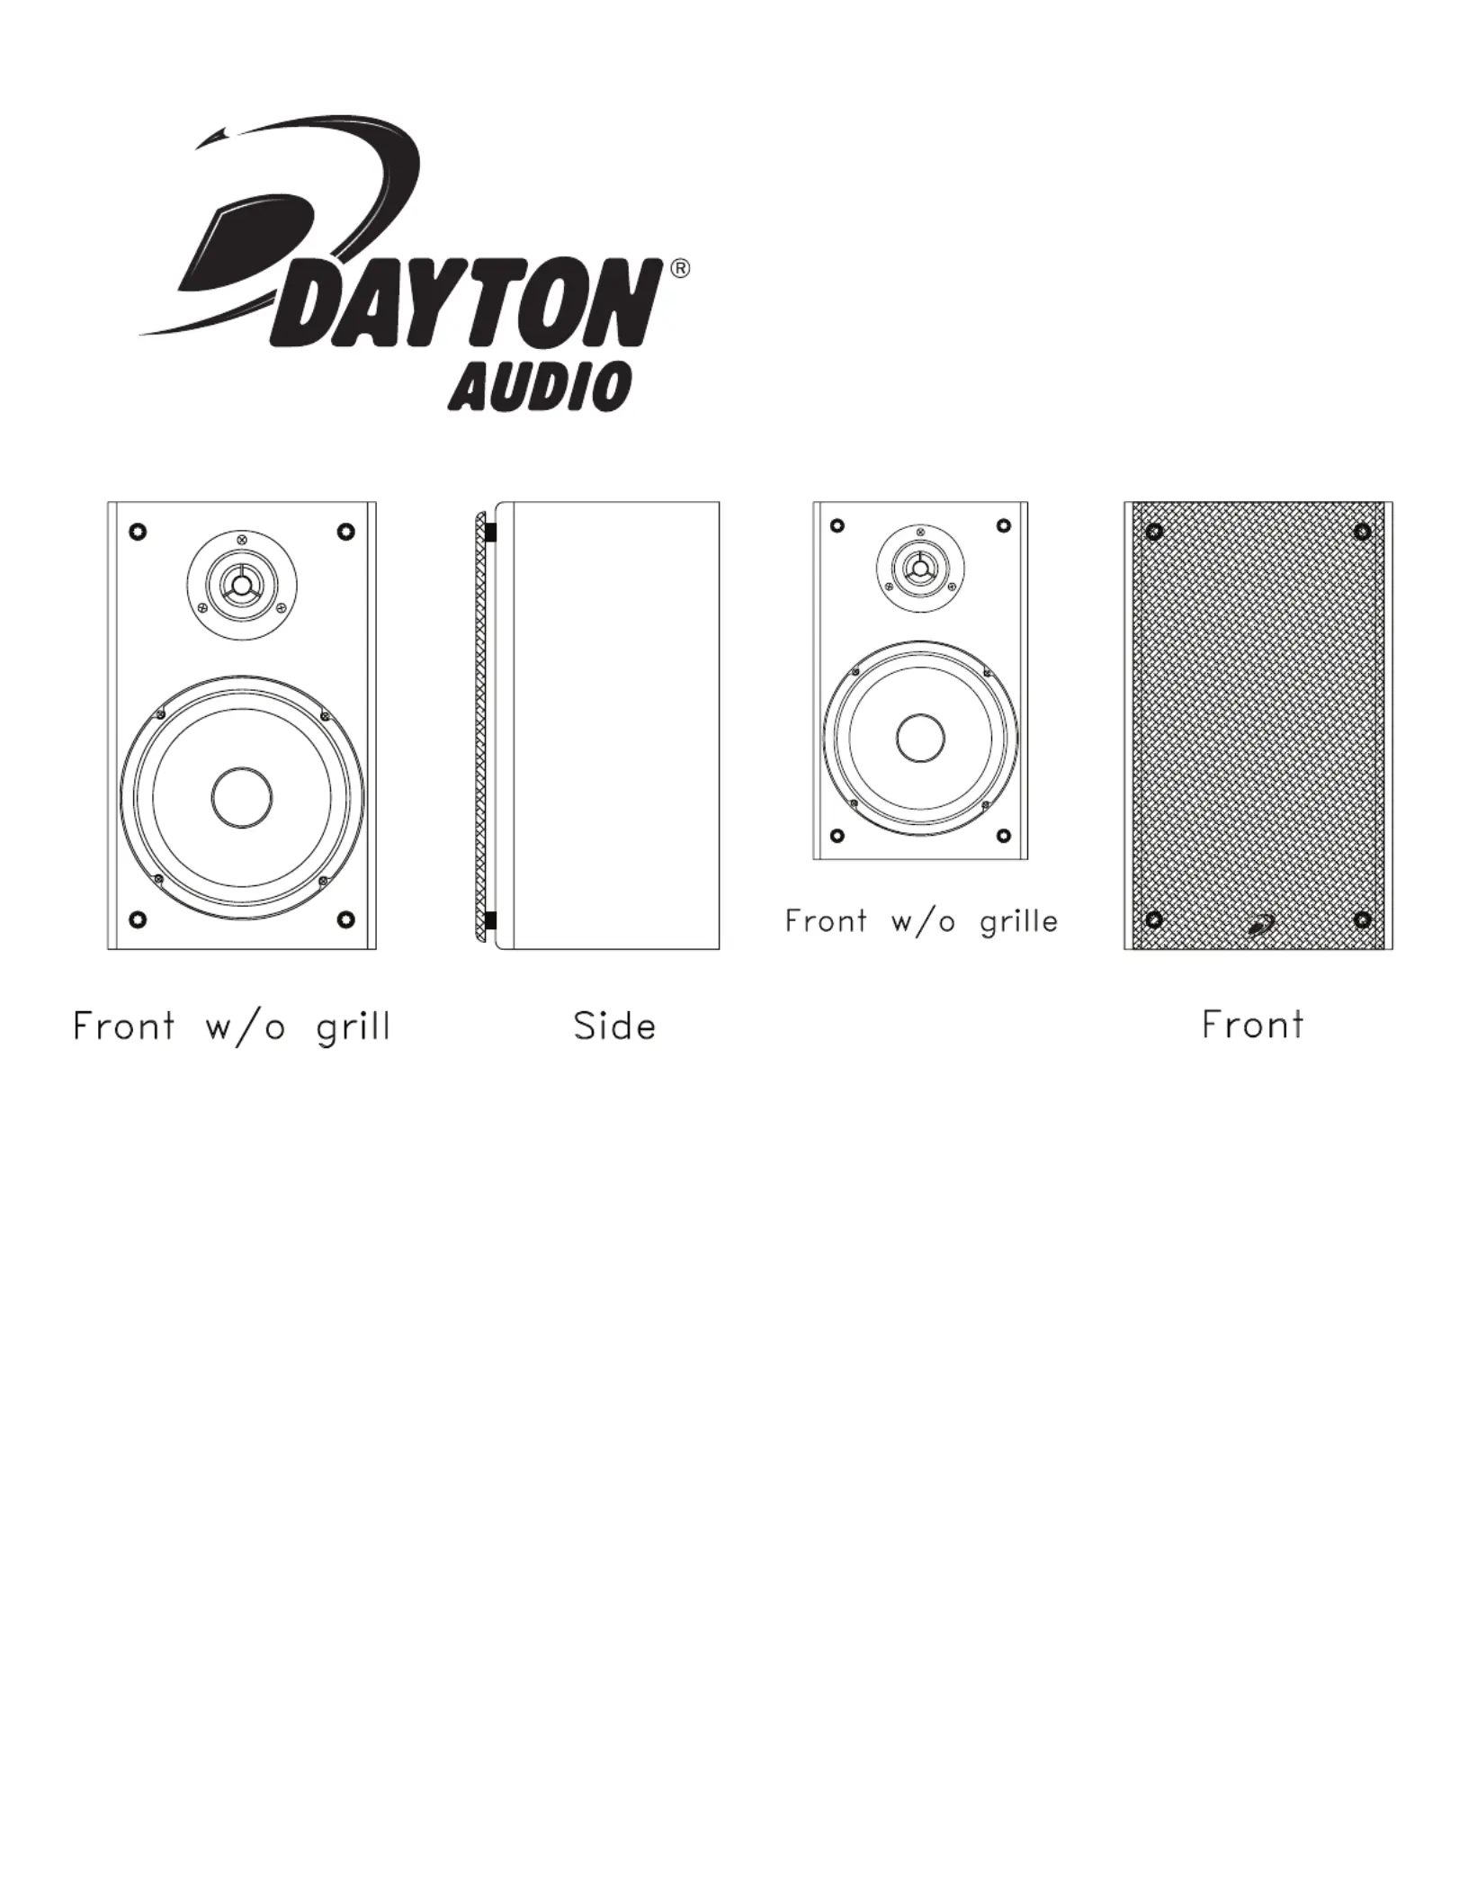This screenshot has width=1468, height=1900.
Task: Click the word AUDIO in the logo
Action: (x=539, y=387)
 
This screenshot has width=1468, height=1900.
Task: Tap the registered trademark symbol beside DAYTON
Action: (x=681, y=269)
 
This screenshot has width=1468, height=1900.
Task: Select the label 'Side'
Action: (x=615, y=1026)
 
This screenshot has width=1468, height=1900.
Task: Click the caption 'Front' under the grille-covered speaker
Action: (x=1252, y=1025)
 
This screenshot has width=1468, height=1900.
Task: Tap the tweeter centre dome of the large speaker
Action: (x=242, y=586)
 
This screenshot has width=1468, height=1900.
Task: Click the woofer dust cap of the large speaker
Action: (x=242, y=797)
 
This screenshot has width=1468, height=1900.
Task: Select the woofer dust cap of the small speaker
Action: (x=920, y=738)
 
